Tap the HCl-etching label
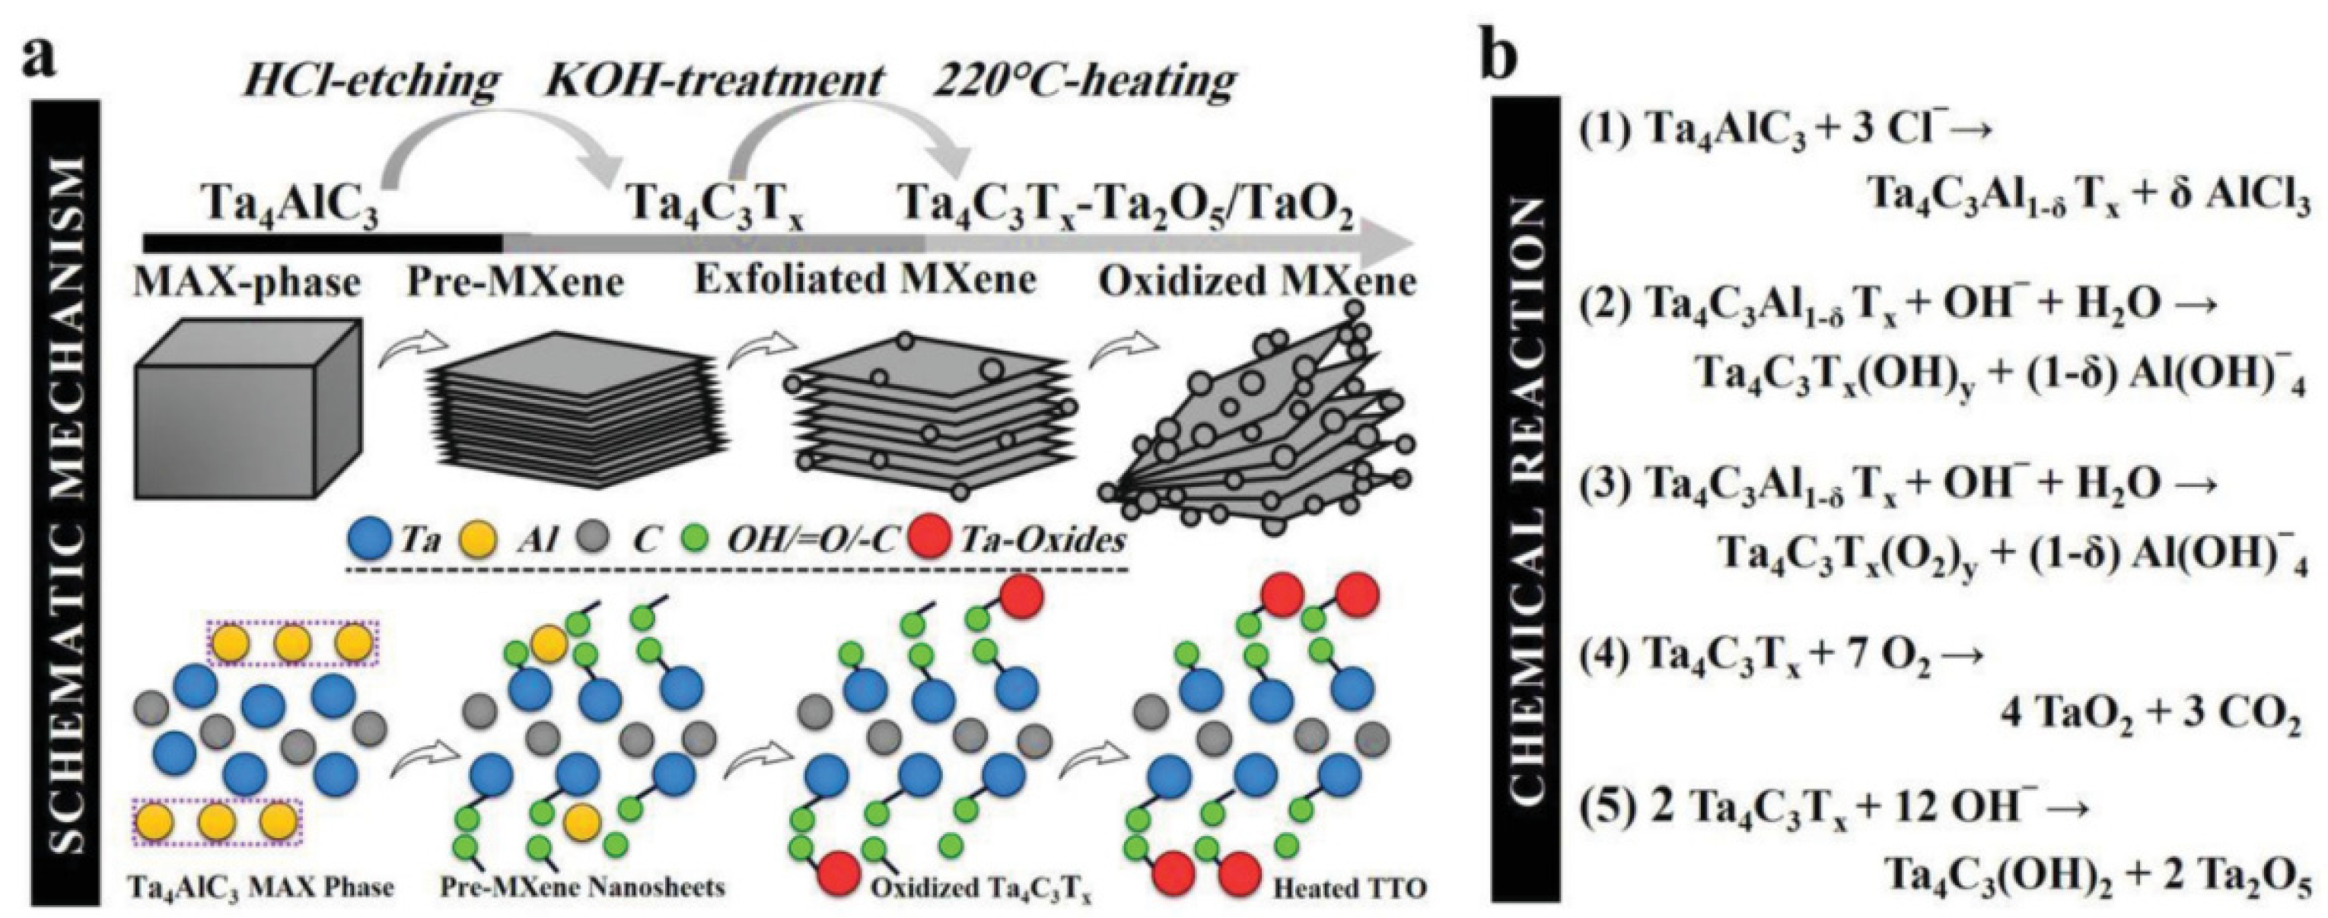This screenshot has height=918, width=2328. (370, 82)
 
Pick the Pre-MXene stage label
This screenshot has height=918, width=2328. (515, 284)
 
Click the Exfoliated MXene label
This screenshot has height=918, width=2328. (865, 281)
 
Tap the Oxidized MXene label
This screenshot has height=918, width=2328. (1257, 284)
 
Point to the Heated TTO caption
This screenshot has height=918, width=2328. (1349, 888)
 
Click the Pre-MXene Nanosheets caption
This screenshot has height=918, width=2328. (583, 888)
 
